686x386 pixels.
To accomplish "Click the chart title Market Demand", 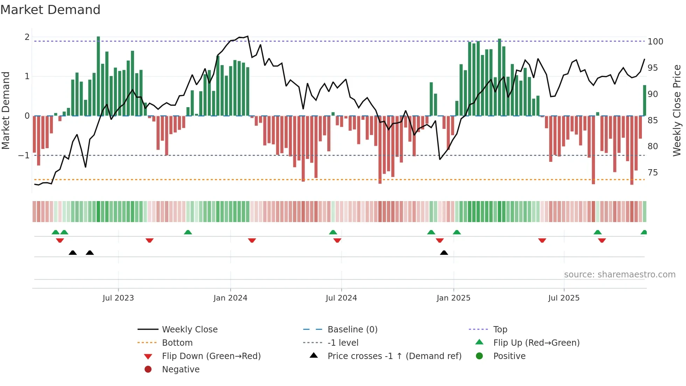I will pos(50,10).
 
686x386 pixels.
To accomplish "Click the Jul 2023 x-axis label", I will pos(118,298).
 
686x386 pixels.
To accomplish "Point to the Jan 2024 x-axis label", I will pos(230,298).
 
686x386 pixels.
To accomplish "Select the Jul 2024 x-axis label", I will pos(341,298).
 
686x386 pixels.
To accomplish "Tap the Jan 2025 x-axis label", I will pos(453,298).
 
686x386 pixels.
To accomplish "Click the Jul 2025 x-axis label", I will pos(564,298).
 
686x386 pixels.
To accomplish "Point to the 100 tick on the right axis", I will pos(655,42).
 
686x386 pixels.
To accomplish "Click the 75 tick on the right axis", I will pos(652,173).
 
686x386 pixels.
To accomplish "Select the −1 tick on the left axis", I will pos(24,155).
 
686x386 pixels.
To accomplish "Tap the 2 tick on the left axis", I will pos(27,37).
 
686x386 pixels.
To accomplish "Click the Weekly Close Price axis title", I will pos(677,110).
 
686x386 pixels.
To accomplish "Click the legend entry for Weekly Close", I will pos(189,330).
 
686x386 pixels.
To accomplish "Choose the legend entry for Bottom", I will pos(177,343).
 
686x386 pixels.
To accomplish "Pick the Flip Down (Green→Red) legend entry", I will pos(211,356).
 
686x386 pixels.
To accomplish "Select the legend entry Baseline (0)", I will pos(352,330).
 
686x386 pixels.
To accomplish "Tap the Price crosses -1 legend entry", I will pos(394,356).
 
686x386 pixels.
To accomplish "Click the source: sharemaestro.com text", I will pos(619,275).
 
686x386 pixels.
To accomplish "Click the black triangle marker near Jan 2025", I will pos(444,253).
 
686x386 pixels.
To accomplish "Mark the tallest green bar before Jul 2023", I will pos(98,76).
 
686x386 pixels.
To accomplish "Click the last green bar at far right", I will pos(644,101).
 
